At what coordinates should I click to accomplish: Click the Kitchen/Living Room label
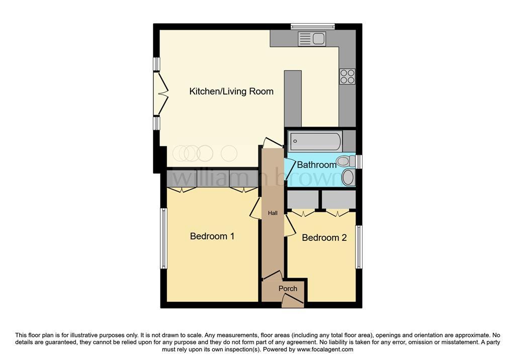(x=231, y=92)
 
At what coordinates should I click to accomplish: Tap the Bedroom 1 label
(x=212, y=236)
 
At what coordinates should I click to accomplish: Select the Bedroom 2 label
(x=324, y=237)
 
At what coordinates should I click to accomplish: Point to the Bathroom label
(x=317, y=164)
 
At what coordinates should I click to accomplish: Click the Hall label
(x=273, y=213)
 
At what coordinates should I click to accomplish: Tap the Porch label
(x=288, y=289)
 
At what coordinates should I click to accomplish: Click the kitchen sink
(x=312, y=39)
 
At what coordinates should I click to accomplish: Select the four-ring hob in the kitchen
(x=348, y=76)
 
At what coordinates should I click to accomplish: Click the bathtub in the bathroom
(x=315, y=141)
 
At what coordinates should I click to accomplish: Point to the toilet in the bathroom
(x=346, y=161)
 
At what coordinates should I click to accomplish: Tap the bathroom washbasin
(x=348, y=177)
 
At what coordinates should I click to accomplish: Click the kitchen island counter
(x=293, y=99)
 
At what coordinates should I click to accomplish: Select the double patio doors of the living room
(x=160, y=94)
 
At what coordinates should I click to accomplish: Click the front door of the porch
(x=293, y=300)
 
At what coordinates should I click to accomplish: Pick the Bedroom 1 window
(x=163, y=238)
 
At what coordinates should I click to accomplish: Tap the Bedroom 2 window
(x=359, y=247)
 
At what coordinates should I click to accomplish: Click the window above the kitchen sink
(x=312, y=27)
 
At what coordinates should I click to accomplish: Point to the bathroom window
(x=359, y=161)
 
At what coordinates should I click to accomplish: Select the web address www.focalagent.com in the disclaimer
(x=325, y=349)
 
